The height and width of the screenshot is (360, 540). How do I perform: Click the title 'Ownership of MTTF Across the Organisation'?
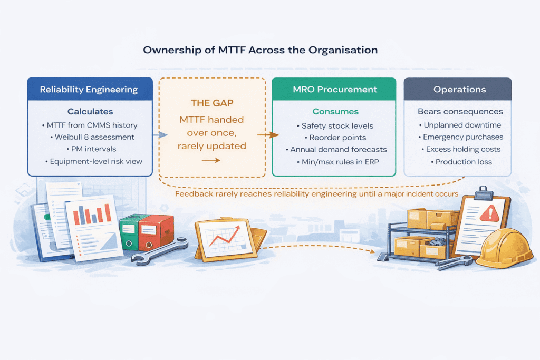click(x=260, y=50)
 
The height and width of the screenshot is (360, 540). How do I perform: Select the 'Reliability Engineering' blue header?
click(x=90, y=90)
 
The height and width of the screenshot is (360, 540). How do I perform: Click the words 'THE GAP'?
click(x=212, y=104)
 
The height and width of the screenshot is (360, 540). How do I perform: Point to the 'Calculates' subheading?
click(x=90, y=112)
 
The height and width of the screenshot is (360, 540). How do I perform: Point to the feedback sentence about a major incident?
click(x=316, y=194)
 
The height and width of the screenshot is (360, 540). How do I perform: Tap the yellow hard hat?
click(x=504, y=248)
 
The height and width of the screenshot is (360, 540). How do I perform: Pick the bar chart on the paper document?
click(x=92, y=214)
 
